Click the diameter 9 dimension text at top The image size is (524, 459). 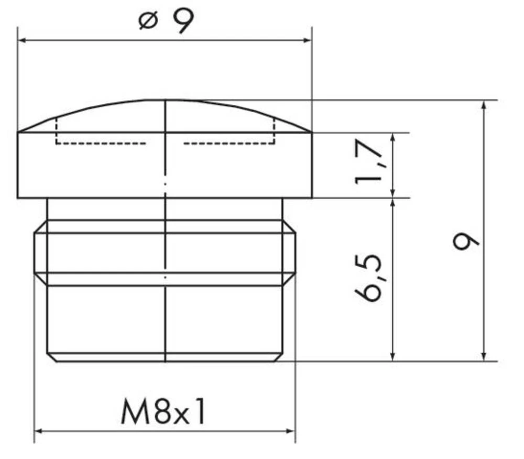[x=167, y=21]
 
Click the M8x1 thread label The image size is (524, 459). [x=163, y=412]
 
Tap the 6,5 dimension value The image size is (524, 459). [x=369, y=278]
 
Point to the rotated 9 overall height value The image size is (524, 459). [x=466, y=242]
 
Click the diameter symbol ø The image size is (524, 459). [x=148, y=21]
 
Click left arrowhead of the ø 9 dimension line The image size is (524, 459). [x=23, y=40]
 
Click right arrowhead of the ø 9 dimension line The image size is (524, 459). [x=307, y=40]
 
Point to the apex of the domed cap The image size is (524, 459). [x=165, y=100]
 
